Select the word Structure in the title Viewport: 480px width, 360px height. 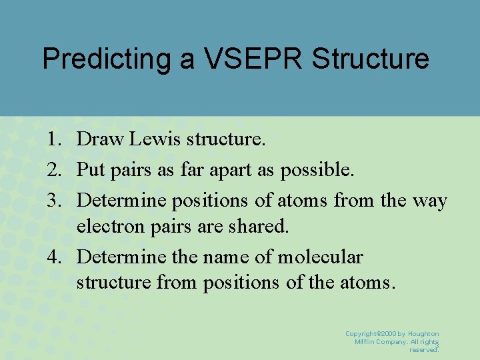click(x=370, y=59)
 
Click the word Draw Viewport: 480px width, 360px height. click(x=99, y=139)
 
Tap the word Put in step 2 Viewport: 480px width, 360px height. click(x=90, y=169)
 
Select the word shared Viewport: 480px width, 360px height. click(x=263, y=227)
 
